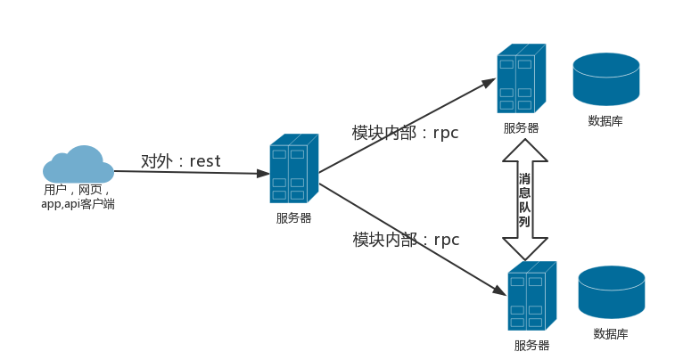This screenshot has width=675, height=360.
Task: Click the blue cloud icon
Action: pyautogui.click(x=78, y=165)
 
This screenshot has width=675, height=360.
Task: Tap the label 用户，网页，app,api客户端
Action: pyautogui.click(x=78, y=197)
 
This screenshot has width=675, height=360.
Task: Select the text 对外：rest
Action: pyautogui.click(x=180, y=161)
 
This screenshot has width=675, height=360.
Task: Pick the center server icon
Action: pyautogui.click(x=293, y=169)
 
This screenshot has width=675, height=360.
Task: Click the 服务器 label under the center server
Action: pyautogui.click(x=293, y=218)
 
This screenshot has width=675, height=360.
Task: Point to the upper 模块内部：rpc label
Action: pyautogui.click(x=405, y=133)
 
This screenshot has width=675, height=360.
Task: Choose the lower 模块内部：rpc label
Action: pyautogui.click(x=405, y=240)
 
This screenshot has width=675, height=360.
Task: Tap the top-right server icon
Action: pyautogui.click(x=521, y=79)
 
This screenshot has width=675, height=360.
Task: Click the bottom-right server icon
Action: pyautogui.click(x=531, y=297)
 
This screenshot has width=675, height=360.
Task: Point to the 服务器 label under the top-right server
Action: pyautogui.click(x=521, y=128)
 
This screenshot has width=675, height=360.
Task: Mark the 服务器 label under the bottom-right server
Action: pyautogui.click(x=531, y=346)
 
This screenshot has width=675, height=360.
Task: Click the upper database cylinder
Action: pyautogui.click(x=606, y=78)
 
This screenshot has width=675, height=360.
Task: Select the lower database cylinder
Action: pyautogui.click(x=612, y=291)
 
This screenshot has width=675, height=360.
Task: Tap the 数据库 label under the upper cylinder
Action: pyautogui.click(x=605, y=121)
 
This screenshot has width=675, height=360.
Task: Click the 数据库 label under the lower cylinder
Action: pyautogui.click(x=611, y=334)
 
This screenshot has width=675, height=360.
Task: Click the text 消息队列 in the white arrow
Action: pyautogui.click(x=525, y=199)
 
